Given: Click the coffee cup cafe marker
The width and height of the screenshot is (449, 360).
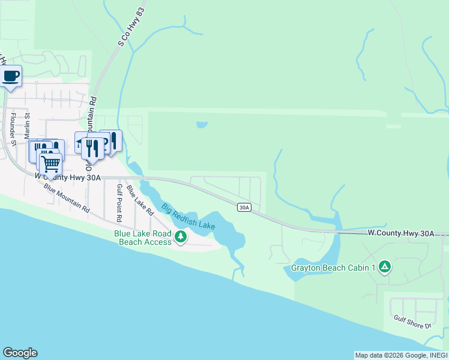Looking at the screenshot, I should point(11,76).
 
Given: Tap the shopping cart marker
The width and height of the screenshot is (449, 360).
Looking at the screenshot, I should point(50,161).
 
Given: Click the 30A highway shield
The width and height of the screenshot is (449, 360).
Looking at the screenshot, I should point(243,208).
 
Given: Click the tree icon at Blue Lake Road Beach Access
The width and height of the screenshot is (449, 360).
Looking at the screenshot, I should point(180,238).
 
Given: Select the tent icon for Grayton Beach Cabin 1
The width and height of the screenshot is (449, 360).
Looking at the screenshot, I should point(384,267).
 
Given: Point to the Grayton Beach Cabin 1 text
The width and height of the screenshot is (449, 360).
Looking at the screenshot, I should point(333,268).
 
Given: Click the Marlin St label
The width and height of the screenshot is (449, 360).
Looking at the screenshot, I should point(27,125).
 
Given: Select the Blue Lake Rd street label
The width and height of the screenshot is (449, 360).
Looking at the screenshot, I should point(140,199).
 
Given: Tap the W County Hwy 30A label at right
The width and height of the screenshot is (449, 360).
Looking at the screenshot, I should point(400,233).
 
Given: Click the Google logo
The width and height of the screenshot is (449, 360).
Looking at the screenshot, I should point(20,353).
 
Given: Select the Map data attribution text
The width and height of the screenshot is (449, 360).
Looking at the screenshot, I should point(401,355).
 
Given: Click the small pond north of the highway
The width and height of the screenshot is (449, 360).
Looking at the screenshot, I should point(202,125).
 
